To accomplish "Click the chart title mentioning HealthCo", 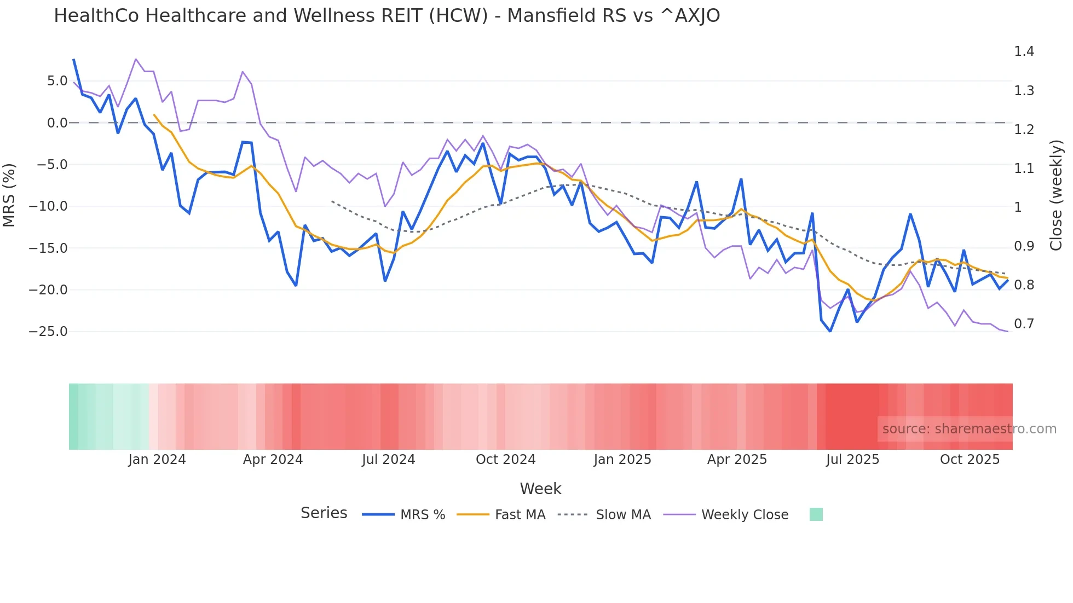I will tap(386, 16).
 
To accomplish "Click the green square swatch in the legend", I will tap(816, 514).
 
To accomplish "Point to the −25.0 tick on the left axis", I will tap(48, 332).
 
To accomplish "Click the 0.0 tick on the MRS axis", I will tap(57, 123).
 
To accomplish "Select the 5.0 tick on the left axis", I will tap(57, 81).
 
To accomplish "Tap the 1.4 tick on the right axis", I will tap(1024, 51).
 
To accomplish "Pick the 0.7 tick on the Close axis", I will tap(1024, 324).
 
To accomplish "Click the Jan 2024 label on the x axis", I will tap(157, 460).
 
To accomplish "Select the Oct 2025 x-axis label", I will tap(970, 460).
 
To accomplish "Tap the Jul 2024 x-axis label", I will tap(389, 460).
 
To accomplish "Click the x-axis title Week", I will tap(540, 489).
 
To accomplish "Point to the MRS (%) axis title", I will tap(9, 195).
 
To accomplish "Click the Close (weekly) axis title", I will tap(1056, 195).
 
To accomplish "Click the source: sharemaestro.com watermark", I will tap(969, 429).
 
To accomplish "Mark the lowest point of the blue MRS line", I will tap(830, 331).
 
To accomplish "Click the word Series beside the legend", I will tap(324, 513).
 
